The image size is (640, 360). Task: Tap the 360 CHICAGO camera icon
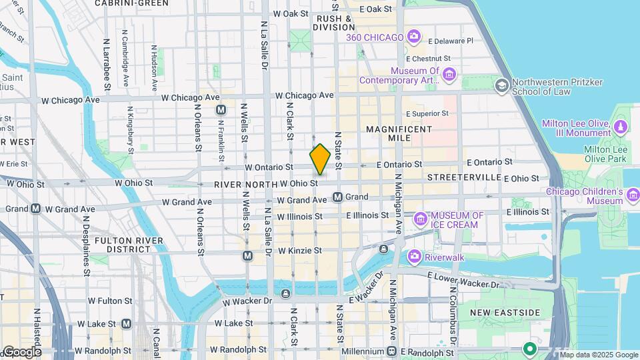[414, 36]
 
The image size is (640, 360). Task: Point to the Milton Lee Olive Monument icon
[621, 126]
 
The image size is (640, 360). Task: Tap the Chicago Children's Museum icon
[633, 193]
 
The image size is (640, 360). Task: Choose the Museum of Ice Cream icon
[420, 218]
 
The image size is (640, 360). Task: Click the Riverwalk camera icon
[414, 255]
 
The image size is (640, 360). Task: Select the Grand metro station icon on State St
[338, 197]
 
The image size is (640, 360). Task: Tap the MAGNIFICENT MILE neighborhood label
[399, 133]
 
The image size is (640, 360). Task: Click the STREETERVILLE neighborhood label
[464, 177]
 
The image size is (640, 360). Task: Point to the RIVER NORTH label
[245, 184]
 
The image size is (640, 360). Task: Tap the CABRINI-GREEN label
[131, 3]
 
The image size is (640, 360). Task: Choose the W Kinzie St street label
[299, 251]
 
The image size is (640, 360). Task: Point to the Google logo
[21, 351]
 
